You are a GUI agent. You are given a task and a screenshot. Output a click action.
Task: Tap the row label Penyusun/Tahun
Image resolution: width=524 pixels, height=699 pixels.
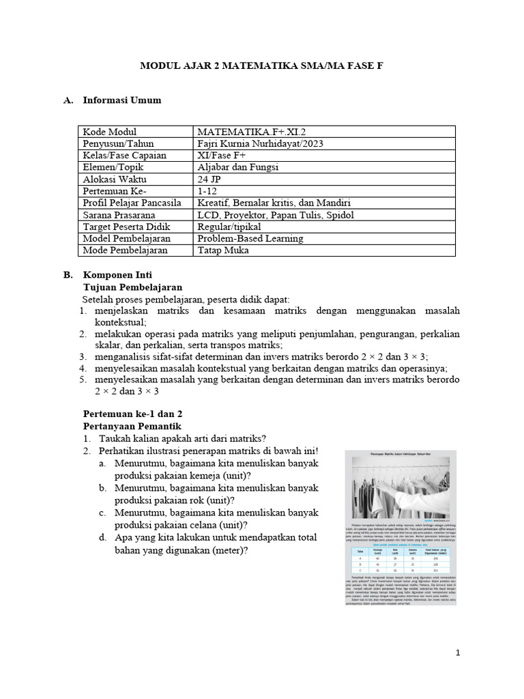(118, 144)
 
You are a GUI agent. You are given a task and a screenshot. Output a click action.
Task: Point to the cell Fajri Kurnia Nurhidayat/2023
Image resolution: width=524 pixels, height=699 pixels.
(260, 144)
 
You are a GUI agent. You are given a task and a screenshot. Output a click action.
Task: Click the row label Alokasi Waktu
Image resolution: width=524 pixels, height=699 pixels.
(115, 179)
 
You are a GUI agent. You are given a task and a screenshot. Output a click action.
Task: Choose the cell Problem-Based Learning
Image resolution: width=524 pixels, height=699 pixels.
(250, 238)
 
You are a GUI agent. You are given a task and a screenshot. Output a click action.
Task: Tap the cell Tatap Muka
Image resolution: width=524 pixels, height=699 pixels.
(222, 251)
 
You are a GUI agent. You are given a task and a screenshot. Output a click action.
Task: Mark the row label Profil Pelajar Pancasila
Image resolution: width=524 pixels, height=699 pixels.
(132, 203)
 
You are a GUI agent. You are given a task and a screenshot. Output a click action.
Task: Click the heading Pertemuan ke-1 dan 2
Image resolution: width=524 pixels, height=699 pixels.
(132, 414)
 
